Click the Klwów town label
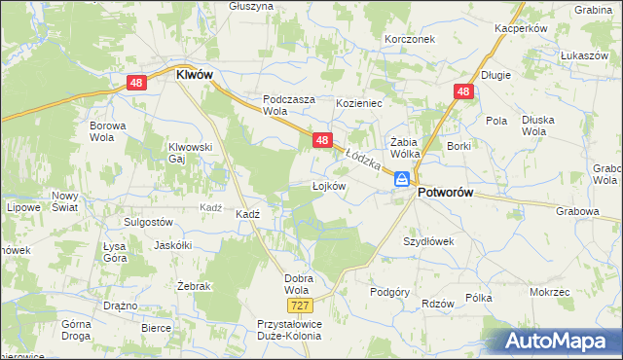pyautogui.click(x=195, y=73)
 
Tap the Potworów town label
pyautogui.click(x=445, y=193)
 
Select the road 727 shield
pyautogui.click(x=280, y=306)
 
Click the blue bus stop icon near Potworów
pyautogui.click(x=401, y=178)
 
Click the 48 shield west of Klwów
pyautogui.click(x=136, y=84)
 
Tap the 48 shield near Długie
pyautogui.click(x=462, y=91)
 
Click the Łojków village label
pyautogui.click(x=329, y=186)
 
